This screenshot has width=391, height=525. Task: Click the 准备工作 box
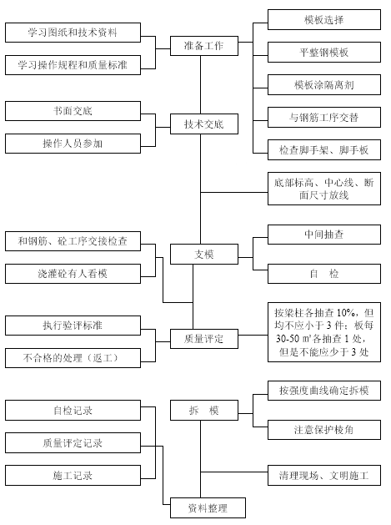pos(204,46)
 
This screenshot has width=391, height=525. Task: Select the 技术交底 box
pos(204,124)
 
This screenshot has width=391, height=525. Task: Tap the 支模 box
pos(204,254)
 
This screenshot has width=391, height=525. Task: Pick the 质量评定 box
pos(204,339)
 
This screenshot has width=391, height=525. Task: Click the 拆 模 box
pos(204,410)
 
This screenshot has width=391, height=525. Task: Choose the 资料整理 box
pos(208,508)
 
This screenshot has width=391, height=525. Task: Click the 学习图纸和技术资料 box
pos(73,33)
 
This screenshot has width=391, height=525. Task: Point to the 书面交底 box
pos(73,111)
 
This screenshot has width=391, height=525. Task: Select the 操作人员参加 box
pos(73,144)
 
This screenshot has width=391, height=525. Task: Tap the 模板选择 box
pos(324,20)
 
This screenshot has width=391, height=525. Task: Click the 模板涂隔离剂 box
pos(324,84)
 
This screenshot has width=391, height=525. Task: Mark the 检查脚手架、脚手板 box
pos(324,150)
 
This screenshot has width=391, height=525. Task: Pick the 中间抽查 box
pos(324,235)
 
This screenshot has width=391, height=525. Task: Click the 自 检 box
pos(324,274)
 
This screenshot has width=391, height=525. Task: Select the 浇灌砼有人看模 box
pos(73,274)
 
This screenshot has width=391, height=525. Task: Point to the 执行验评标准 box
pos(73,326)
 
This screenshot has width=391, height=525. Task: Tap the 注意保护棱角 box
pos(324,430)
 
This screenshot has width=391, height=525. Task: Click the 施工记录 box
pos(73,476)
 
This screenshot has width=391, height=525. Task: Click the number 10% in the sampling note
pos(346,313)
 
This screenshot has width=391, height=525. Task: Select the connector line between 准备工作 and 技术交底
pos(200,85)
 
